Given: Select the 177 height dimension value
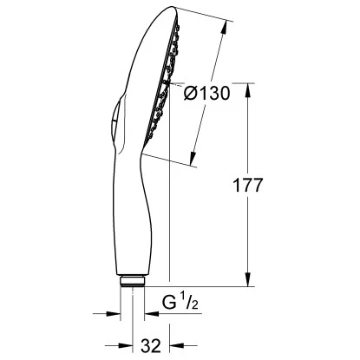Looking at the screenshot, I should pyautogui.click(x=249, y=186).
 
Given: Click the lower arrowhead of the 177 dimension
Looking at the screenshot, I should pyautogui.click(x=250, y=281).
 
